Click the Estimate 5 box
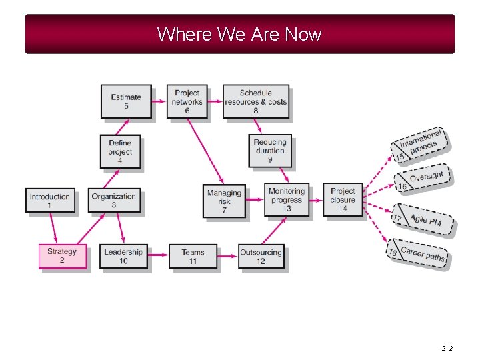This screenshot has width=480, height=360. click(126, 101)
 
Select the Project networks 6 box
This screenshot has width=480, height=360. click(187, 101)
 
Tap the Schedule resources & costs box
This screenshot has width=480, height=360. click(255, 101)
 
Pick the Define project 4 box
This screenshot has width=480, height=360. click(120, 151)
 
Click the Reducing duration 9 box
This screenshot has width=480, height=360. click(270, 151)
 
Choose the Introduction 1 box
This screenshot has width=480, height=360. click(49, 200)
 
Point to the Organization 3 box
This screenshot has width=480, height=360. click(114, 200)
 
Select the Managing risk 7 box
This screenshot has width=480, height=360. click(224, 201)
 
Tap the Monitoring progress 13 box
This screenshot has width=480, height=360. click(286, 199)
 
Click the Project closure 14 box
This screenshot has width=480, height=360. click(343, 199)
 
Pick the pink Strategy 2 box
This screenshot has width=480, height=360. click(62, 256)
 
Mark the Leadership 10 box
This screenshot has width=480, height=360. click(123, 256)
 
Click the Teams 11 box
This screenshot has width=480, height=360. click(193, 256)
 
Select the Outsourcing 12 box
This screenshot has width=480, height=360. click(261, 256)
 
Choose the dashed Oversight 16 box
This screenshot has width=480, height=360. click(423, 179)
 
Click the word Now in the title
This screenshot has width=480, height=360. click(303, 34)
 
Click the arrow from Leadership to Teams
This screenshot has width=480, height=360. click(157, 254)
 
